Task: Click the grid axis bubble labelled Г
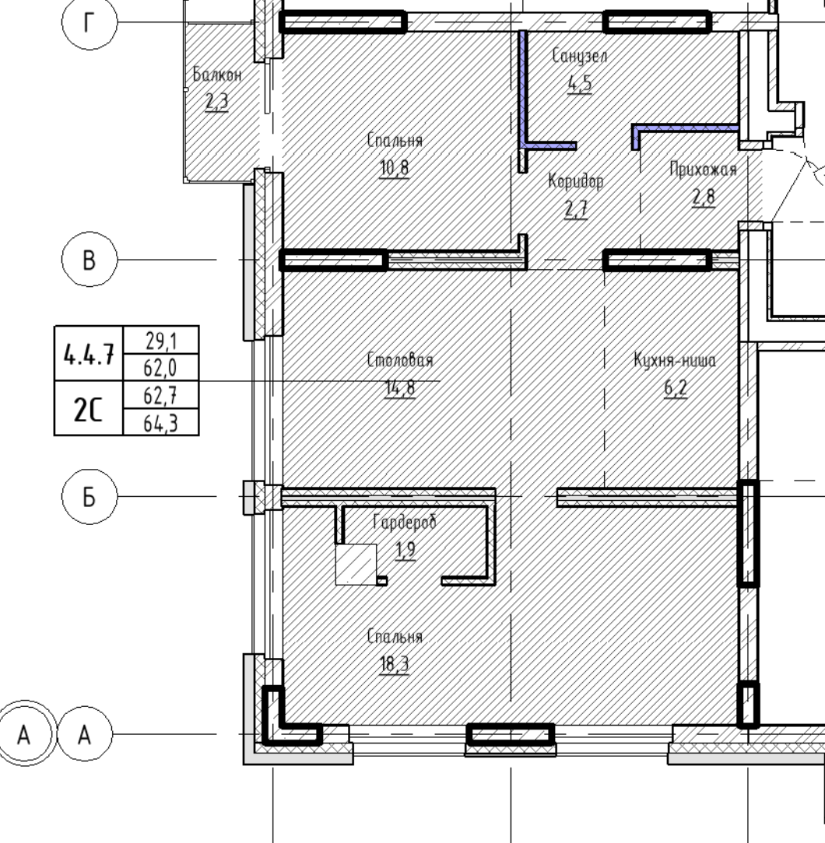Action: click(x=90, y=23)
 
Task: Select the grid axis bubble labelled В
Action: click(x=90, y=260)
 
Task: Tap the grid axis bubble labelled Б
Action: click(x=90, y=496)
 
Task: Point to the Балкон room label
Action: click(x=217, y=74)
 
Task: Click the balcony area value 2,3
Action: click(x=217, y=101)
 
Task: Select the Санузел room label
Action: click(x=580, y=56)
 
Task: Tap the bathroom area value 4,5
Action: click(x=580, y=84)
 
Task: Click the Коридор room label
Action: click(x=576, y=181)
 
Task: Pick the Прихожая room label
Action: click(x=704, y=170)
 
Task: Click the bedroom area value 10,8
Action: click(x=395, y=168)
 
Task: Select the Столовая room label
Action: click(x=400, y=359)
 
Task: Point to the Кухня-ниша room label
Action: click(x=675, y=359)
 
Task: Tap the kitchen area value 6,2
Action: click(x=676, y=387)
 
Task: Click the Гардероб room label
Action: click(x=405, y=522)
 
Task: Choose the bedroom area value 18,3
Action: click(x=395, y=664)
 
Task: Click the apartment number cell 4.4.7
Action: click(x=89, y=354)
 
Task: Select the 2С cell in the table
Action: click(x=89, y=408)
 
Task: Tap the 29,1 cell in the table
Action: click(x=161, y=340)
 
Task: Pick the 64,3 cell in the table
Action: click(x=161, y=422)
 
